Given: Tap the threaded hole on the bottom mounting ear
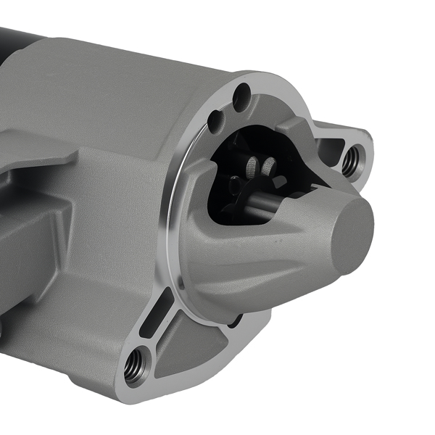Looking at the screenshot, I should [x=135, y=368].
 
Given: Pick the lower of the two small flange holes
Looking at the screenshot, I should [x=215, y=121].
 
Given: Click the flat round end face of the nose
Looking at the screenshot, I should [x=353, y=234].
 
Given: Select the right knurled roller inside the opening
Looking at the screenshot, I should [x=270, y=167].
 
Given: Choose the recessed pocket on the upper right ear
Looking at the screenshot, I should [x=331, y=149].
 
